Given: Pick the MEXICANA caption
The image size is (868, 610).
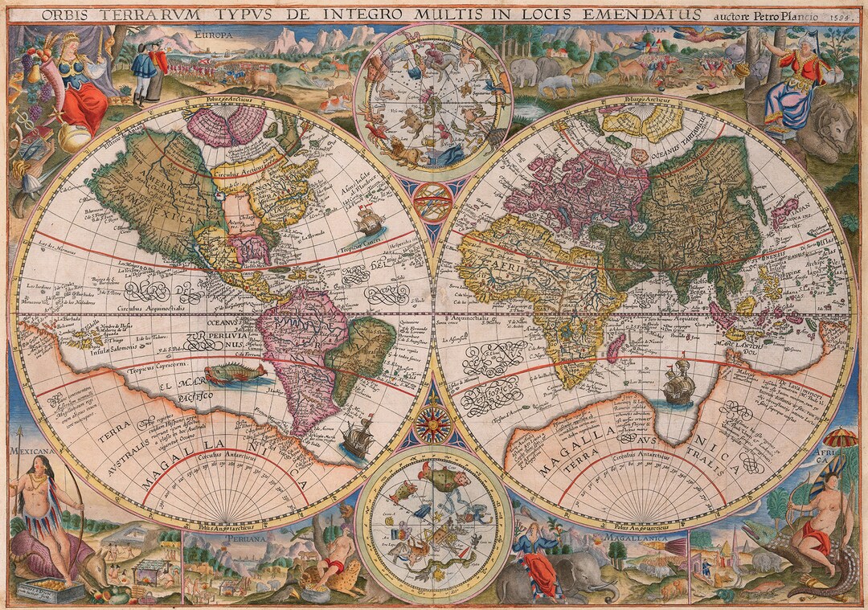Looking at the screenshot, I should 31,452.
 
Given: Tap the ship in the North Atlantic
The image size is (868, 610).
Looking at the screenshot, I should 367,220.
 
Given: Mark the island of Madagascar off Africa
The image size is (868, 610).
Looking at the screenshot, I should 616,347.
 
